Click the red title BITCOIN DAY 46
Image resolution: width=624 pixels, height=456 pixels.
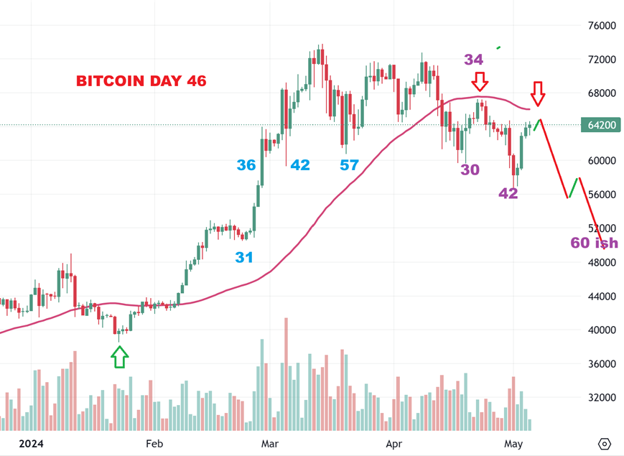[x=141, y=81]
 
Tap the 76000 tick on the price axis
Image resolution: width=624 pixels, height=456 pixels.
[x=602, y=26]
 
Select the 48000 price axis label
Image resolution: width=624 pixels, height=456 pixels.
[x=602, y=263]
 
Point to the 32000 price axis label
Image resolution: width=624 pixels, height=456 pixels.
[x=602, y=398]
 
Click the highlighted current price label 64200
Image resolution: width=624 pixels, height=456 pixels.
[x=602, y=125]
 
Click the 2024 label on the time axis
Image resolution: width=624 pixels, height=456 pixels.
[x=31, y=444]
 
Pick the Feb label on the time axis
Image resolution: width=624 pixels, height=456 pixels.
[x=154, y=444]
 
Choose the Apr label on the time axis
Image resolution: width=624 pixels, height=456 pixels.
[x=394, y=444]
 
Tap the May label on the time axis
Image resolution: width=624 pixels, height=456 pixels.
[x=513, y=444]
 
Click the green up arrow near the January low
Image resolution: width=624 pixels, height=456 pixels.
[x=120, y=356]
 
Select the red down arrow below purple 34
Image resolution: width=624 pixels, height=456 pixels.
[x=480, y=80]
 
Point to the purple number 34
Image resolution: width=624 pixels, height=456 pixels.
[x=473, y=60]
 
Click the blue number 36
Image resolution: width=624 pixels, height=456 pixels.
[x=246, y=165]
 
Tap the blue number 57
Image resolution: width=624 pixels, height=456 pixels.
[x=350, y=165]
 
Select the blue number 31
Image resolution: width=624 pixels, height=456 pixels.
[x=244, y=256]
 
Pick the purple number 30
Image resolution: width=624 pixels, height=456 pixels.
[x=470, y=169]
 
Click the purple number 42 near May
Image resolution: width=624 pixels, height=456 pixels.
[x=508, y=193]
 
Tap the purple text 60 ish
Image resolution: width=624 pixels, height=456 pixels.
[x=593, y=243]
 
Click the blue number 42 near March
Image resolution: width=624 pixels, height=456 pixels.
[x=300, y=165]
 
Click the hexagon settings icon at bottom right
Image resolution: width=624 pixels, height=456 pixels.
[x=605, y=443]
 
